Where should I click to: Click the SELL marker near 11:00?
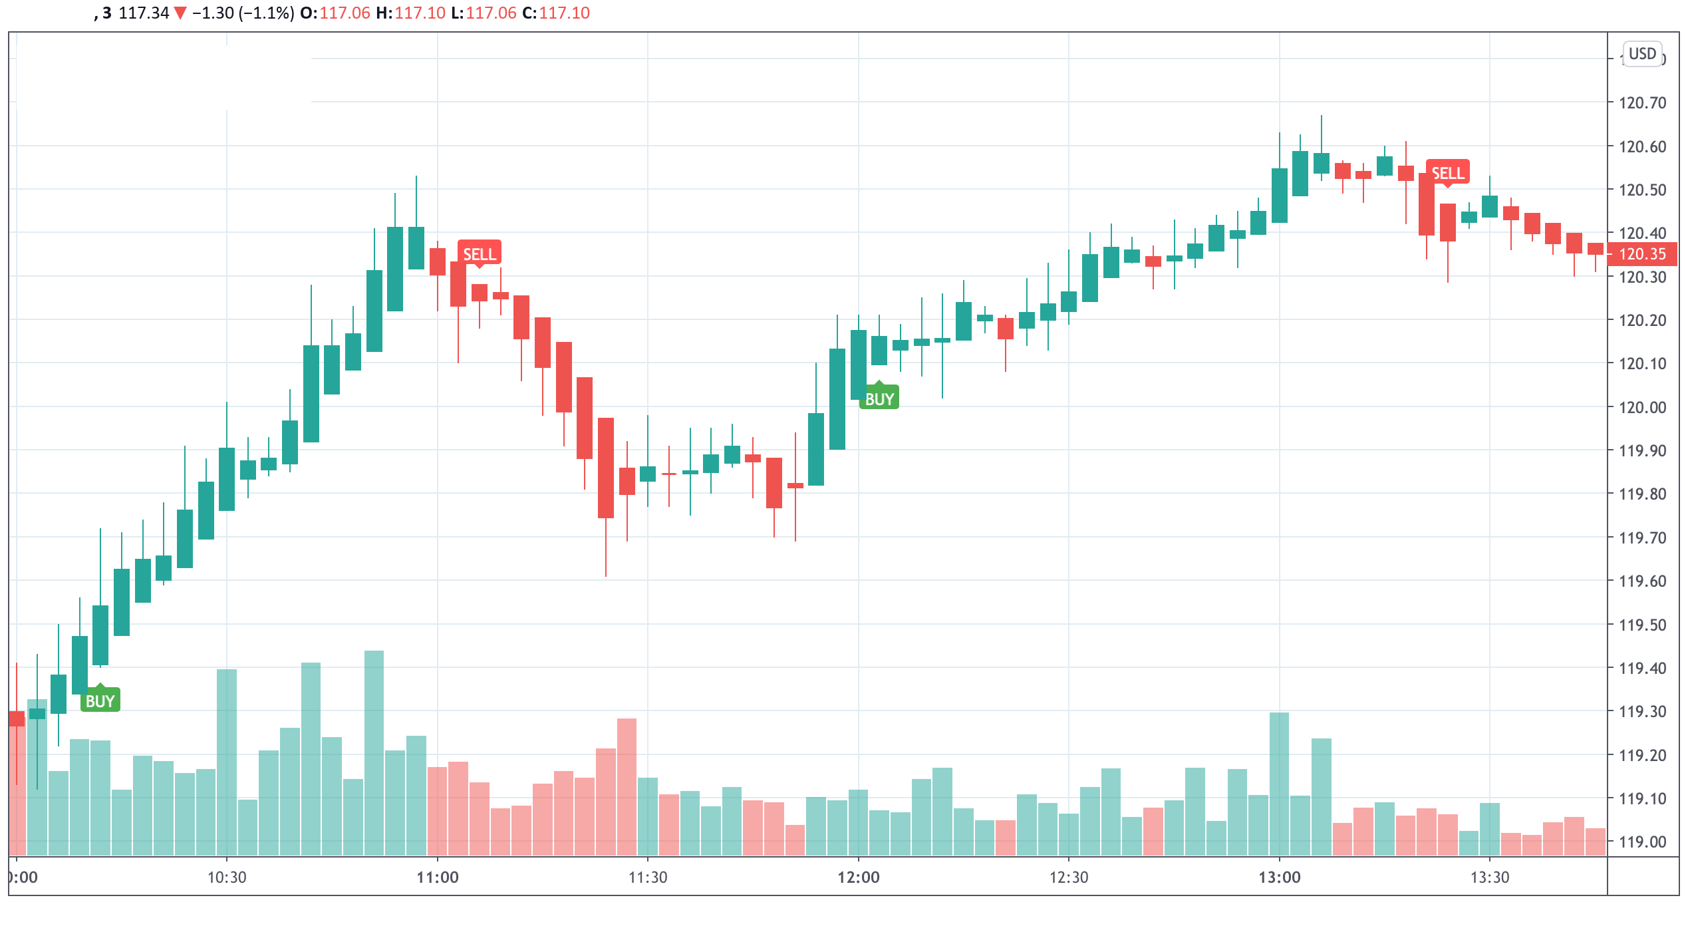click(x=479, y=253)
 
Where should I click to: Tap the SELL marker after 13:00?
click(x=1447, y=172)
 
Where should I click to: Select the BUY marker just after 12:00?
click(x=879, y=398)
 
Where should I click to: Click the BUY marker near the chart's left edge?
click(x=100, y=701)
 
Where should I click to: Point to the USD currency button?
click(x=1642, y=53)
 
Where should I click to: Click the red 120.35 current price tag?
click(x=1641, y=254)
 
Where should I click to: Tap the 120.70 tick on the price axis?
click(x=1642, y=102)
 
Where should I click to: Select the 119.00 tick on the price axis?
click(x=1642, y=842)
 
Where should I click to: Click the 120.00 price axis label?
click(x=1642, y=407)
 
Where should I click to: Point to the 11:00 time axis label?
click(x=437, y=877)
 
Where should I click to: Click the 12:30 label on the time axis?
click(x=1068, y=877)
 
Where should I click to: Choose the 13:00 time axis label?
click(x=1279, y=877)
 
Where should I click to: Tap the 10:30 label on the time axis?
click(x=227, y=877)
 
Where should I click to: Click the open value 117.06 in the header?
click(x=345, y=13)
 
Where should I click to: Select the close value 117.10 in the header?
click(x=564, y=13)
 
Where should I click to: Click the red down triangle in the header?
click(x=180, y=13)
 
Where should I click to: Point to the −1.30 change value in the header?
click(x=213, y=13)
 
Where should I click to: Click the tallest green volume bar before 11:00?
click(x=374, y=752)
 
